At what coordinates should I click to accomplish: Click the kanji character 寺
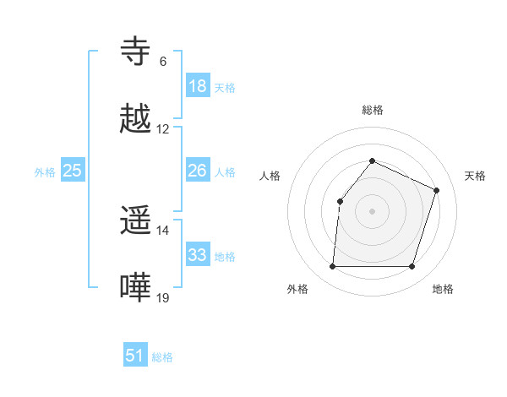click(136, 52)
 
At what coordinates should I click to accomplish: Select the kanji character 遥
click(136, 221)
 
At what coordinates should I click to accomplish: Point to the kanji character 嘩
click(136, 288)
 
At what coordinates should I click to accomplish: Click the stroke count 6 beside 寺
click(163, 62)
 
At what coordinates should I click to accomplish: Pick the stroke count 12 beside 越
click(163, 129)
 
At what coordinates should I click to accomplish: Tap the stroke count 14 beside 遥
click(163, 231)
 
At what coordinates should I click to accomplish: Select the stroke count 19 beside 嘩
click(163, 297)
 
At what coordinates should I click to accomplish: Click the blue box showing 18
click(198, 86)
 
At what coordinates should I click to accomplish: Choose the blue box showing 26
click(198, 171)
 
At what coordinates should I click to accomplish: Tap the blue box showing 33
click(198, 255)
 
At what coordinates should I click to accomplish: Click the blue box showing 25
click(73, 171)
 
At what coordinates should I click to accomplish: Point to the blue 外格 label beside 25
click(45, 172)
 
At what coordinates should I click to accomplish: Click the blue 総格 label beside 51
click(162, 357)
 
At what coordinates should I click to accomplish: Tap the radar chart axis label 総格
click(372, 110)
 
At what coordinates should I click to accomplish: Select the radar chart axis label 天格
click(475, 176)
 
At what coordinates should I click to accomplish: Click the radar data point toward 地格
click(412, 267)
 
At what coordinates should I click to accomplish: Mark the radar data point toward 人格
click(340, 201)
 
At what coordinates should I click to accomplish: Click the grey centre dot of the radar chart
click(372, 210)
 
